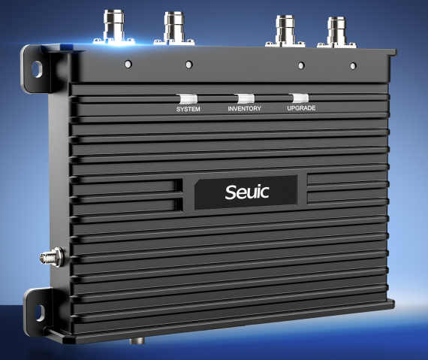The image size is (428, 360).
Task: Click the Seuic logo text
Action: (247, 192)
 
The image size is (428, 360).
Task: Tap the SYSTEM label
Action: (188, 109)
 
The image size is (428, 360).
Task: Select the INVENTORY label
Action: (245, 108)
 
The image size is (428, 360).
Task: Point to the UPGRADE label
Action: (301, 108)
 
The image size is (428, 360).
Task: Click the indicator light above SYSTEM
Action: (187, 98)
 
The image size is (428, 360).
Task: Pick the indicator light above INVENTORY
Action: (245, 98)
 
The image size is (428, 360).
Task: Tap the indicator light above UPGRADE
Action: (300, 98)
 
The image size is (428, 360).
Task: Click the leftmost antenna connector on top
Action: (114, 27)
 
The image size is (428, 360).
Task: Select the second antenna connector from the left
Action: (174, 29)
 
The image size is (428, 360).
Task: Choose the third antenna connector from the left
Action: (285, 31)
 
